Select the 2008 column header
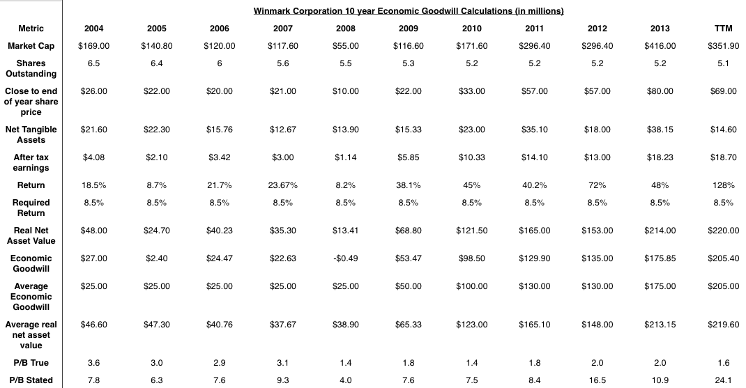[345, 29]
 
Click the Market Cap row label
[31, 46]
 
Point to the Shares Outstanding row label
[31, 68]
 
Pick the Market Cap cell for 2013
[660, 46]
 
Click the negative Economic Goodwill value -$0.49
[345, 258]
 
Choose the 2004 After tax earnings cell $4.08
[93, 157]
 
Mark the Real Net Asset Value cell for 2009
[408, 231]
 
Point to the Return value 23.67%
[282, 185]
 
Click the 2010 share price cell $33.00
[471, 91]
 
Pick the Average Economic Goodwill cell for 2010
[471, 286]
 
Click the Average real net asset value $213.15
[660, 325]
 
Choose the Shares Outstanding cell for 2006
[220, 63]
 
